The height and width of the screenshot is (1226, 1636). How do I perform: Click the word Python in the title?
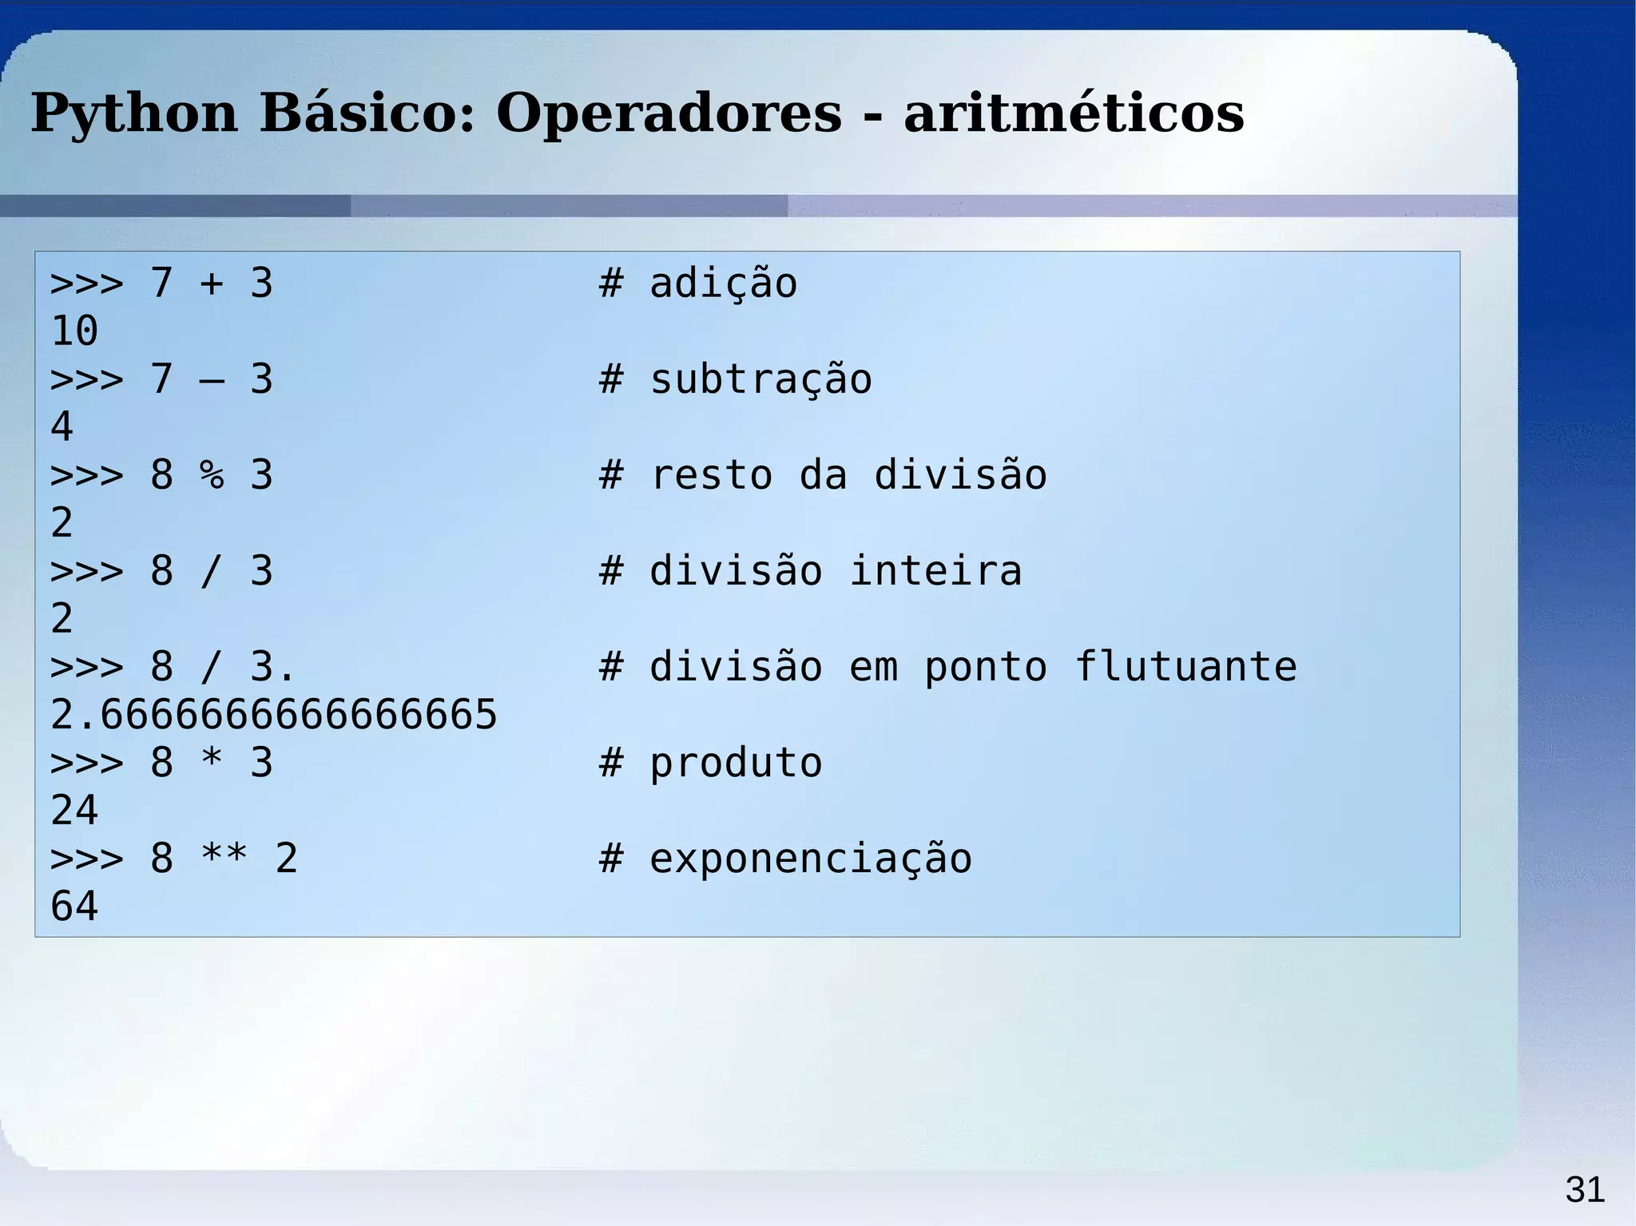(x=134, y=113)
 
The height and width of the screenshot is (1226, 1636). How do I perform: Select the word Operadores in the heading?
(x=669, y=113)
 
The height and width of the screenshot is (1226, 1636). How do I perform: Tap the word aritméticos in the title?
(x=1074, y=113)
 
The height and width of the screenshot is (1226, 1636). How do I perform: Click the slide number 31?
(x=1585, y=1190)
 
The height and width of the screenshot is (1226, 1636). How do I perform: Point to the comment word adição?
(x=723, y=284)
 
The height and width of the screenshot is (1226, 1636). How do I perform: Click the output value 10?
(x=74, y=331)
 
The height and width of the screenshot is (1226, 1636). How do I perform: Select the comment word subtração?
(x=760, y=380)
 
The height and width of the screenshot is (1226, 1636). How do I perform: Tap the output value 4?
(x=62, y=427)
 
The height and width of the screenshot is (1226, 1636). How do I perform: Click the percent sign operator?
(x=212, y=475)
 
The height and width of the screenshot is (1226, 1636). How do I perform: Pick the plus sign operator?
(x=212, y=284)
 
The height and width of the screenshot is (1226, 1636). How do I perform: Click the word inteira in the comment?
(x=935, y=572)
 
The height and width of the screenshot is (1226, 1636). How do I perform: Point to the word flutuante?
(x=1185, y=668)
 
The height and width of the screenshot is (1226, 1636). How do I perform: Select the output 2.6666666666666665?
(x=273, y=715)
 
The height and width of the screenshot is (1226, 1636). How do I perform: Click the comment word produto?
(x=736, y=764)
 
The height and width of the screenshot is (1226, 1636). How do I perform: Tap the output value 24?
(x=74, y=811)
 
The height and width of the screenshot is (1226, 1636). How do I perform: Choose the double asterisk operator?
(x=224, y=858)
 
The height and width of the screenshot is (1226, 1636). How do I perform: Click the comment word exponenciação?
(x=811, y=859)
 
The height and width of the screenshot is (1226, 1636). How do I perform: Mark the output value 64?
(x=74, y=907)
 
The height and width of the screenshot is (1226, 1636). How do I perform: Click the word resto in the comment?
(x=711, y=476)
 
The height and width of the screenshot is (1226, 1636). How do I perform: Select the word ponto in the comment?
(x=985, y=668)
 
